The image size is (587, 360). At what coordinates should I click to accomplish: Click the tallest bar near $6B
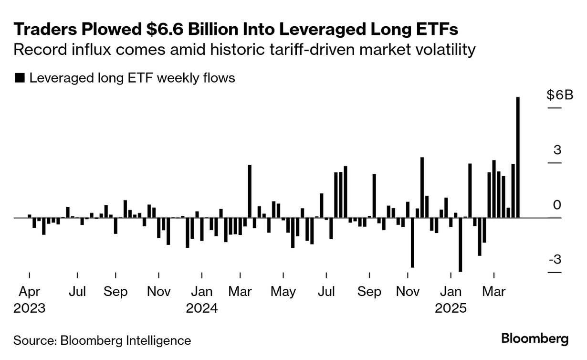tap(518, 158)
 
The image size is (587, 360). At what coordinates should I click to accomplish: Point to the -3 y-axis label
tap(555, 260)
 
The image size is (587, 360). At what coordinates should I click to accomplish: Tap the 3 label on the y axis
tap(557, 150)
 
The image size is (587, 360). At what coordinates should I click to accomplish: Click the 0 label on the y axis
tap(557, 205)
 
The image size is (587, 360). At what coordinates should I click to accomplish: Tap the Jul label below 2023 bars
tap(77, 291)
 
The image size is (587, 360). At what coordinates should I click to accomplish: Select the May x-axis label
tap(283, 291)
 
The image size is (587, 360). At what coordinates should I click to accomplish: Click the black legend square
tap(20, 78)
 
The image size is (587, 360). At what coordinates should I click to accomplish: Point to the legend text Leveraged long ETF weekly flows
tap(132, 78)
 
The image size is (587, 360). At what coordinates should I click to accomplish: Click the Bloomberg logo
tap(535, 339)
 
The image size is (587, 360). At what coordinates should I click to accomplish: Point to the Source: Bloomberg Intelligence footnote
tap(102, 340)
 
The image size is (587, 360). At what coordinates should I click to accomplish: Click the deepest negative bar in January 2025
tap(461, 244)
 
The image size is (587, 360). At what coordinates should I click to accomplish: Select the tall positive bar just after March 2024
tap(250, 191)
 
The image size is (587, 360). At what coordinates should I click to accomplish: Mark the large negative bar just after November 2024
tap(412, 243)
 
